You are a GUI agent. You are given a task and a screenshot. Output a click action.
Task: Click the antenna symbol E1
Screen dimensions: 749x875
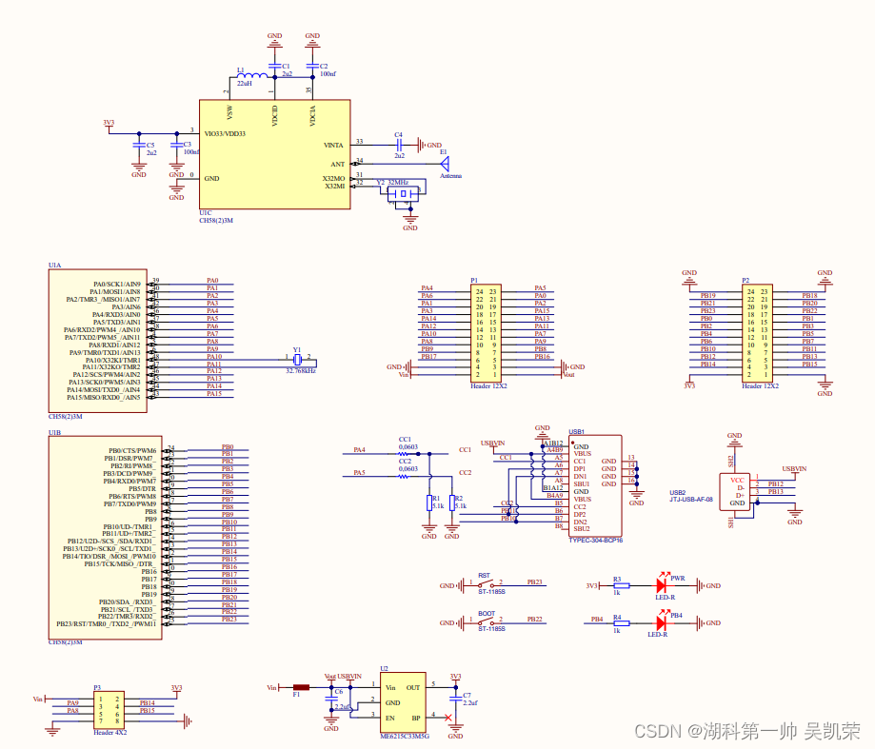[446, 165]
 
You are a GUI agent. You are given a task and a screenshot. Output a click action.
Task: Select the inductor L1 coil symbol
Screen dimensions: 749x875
[250, 74]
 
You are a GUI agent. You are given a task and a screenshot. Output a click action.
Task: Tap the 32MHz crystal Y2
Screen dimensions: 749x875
[403, 194]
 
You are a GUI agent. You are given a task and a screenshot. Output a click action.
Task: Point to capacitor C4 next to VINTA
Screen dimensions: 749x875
[399, 145]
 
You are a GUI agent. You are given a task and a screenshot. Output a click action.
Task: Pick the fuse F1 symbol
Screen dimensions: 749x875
[301, 686]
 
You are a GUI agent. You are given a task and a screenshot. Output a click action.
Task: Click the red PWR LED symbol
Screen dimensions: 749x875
[661, 585]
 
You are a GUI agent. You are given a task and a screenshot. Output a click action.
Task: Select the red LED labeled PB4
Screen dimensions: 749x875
[661, 620]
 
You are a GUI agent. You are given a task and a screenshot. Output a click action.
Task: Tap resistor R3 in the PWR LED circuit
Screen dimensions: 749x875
[621, 585]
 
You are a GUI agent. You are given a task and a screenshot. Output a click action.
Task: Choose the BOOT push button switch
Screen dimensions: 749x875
[485, 621]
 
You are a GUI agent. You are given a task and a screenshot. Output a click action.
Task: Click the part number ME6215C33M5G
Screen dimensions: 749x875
[405, 736]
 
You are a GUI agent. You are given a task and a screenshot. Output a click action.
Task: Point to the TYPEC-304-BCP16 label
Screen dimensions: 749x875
[595, 540]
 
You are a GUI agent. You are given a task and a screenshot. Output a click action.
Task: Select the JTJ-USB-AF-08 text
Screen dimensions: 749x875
[690, 499]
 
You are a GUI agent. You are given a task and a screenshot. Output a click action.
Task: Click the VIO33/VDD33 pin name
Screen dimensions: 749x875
[225, 134]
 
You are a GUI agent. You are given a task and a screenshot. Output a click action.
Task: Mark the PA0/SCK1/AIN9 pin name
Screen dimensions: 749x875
[116, 284]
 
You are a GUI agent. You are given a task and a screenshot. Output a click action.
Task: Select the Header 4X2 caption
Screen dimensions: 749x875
[109, 733]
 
